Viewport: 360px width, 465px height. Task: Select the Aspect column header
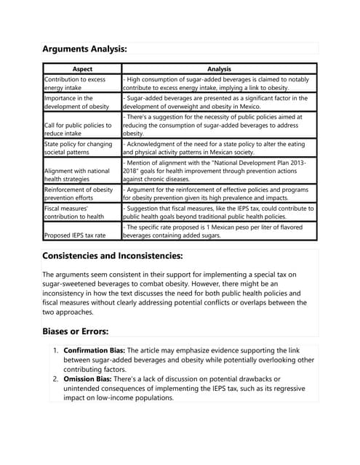(x=81, y=68)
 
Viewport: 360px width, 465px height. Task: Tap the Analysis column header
(x=219, y=68)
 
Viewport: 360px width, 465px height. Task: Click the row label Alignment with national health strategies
(x=76, y=174)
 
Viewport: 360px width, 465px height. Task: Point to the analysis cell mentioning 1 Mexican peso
(x=218, y=231)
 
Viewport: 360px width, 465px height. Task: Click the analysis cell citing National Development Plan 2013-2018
(x=218, y=171)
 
